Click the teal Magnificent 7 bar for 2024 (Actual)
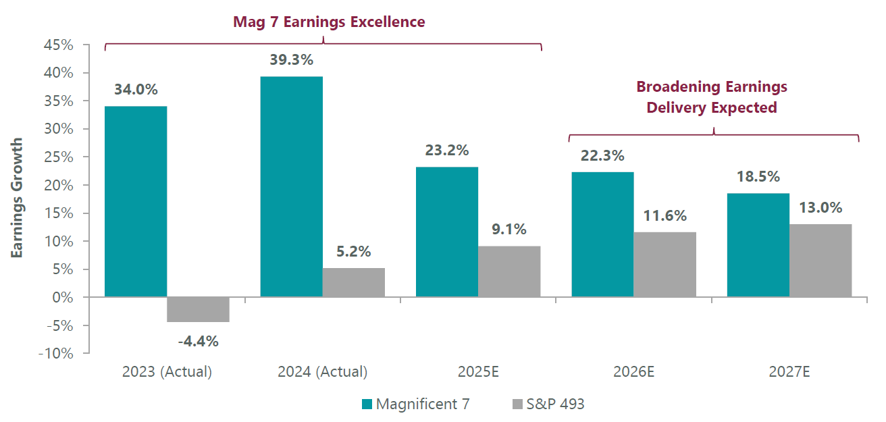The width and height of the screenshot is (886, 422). pyautogui.click(x=291, y=186)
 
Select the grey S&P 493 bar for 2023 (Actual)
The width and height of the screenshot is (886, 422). pyautogui.click(x=198, y=309)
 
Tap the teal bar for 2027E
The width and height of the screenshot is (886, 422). pyautogui.click(x=758, y=245)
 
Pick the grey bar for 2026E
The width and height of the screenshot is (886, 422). pyautogui.click(x=664, y=265)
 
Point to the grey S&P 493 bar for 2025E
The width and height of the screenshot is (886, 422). pyautogui.click(x=509, y=271)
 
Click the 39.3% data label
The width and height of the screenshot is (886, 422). pyautogui.click(x=291, y=60)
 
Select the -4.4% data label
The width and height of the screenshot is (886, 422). pyautogui.click(x=198, y=341)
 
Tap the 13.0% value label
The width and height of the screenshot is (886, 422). pyautogui.click(x=820, y=208)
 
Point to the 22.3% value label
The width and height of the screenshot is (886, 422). pyautogui.click(x=602, y=156)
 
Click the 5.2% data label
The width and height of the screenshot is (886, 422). pyautogui.click(x=353, y=252)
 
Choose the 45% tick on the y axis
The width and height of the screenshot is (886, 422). pyautogui.click(x=59, y=45)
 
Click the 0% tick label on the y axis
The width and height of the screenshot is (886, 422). pyautogui.click(x=64, y=297)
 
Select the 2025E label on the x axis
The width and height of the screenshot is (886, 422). pyautogui.click(x=477, y=371)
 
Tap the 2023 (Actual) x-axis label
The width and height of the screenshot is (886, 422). pyautogui.click(x=167, y=371)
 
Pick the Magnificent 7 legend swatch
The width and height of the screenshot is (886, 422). pyautogui.click(x=367, y=404)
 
